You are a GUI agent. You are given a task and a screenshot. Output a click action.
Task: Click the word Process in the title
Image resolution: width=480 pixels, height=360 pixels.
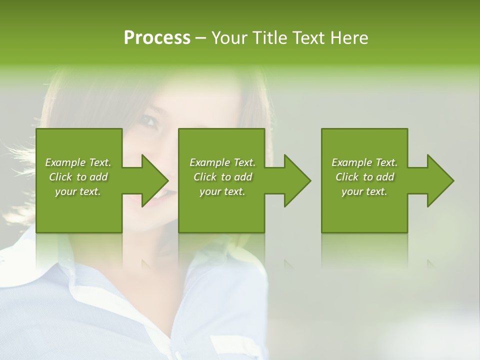157,38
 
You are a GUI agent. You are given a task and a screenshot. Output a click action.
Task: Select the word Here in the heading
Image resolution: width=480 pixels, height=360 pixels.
348,38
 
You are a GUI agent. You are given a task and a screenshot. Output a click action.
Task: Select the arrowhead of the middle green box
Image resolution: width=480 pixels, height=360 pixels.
296,180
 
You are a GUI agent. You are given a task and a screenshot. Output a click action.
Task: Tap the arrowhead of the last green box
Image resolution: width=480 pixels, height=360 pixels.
439,180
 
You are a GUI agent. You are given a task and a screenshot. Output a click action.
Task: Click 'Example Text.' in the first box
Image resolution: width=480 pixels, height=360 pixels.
78,162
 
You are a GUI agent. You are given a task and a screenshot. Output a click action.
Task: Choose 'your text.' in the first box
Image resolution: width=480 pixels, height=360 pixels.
78,191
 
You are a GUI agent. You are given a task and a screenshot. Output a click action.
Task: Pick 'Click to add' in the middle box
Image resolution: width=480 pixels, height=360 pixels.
222,177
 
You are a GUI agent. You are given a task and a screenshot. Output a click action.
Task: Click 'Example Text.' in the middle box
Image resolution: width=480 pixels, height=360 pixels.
222,162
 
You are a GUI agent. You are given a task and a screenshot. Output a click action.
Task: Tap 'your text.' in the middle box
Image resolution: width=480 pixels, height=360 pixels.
222,191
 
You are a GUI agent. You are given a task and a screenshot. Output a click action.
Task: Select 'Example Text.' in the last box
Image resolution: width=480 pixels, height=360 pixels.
364,162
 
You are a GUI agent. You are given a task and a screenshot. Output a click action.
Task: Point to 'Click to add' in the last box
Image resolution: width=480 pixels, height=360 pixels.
364,177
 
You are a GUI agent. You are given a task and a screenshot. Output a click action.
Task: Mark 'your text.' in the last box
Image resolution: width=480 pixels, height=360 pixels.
364,191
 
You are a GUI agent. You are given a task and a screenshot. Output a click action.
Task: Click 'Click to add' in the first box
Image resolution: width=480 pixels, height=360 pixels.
78,177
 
